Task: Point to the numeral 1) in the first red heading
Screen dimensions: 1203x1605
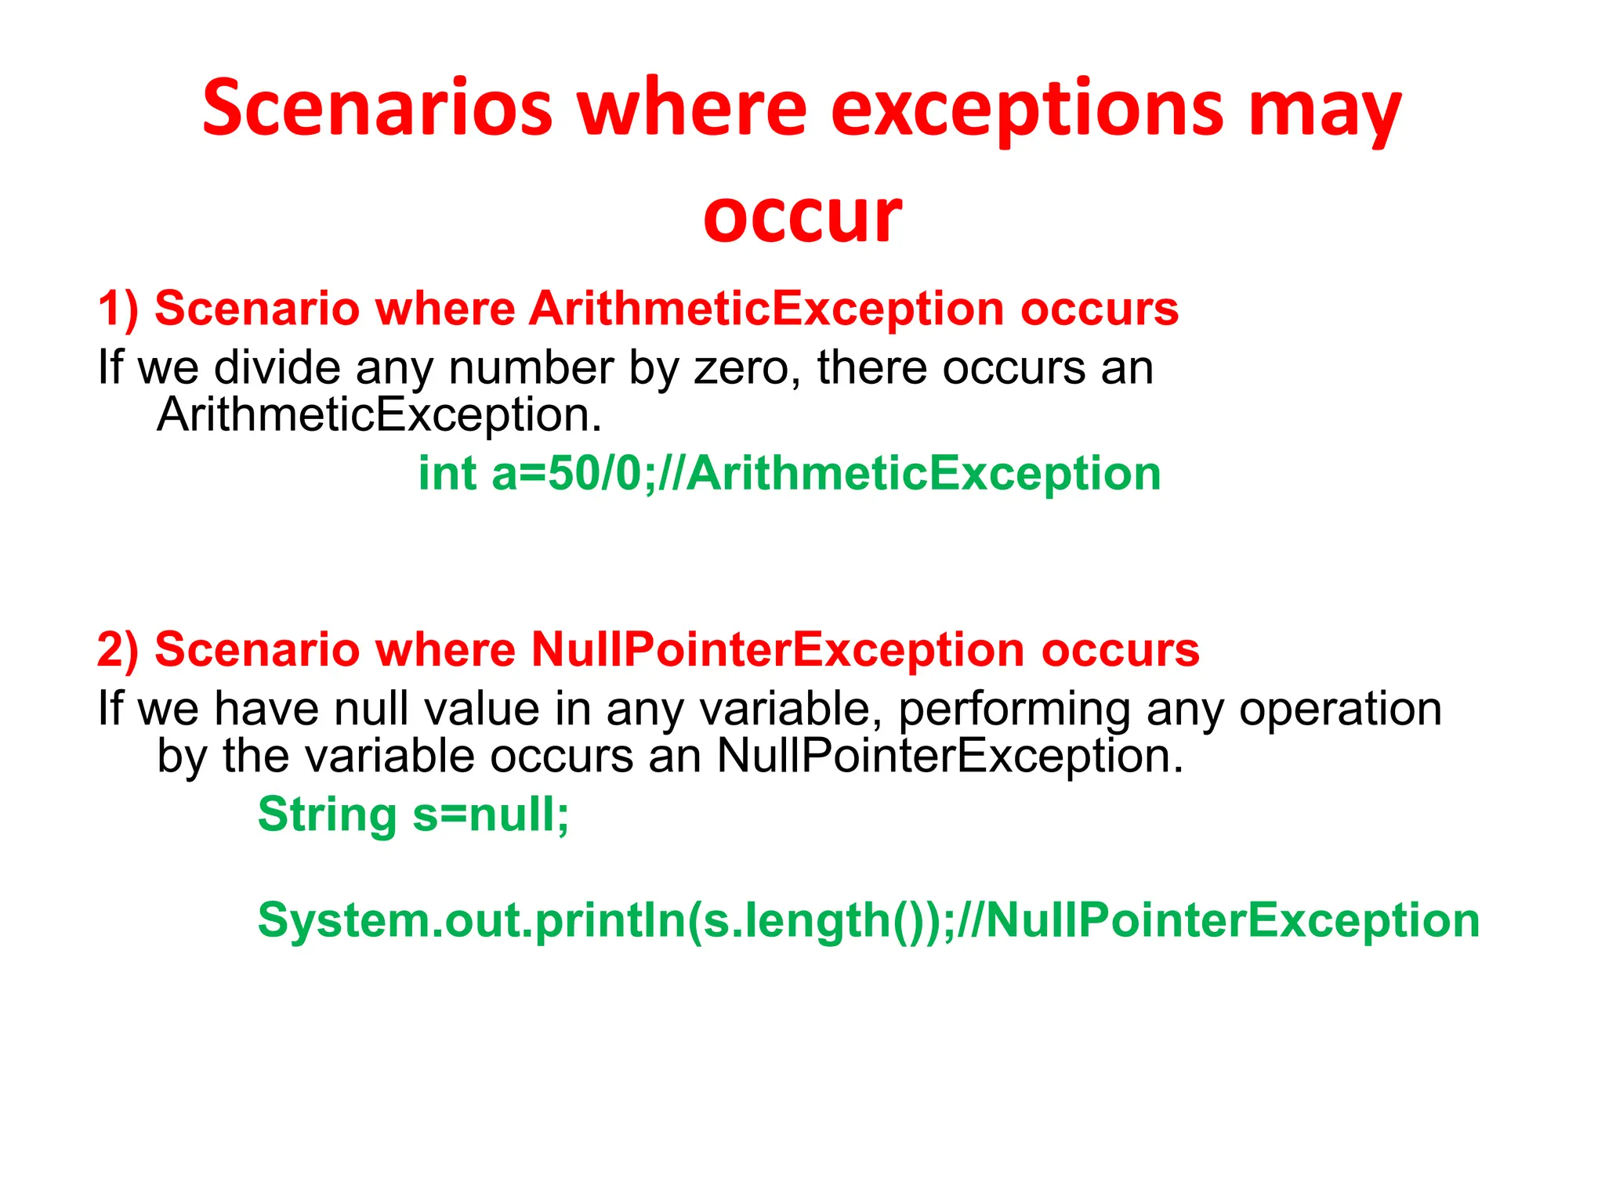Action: tap(118, 309)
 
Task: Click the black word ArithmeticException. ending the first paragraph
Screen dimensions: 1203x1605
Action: tap(379, 414)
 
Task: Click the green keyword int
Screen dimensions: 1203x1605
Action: tap(447, 474)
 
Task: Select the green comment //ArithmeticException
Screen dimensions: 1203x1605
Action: tap(909, 474)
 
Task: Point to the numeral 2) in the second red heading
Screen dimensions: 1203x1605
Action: tap(118, 649)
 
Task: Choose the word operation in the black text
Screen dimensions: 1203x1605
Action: tap(1340, 709)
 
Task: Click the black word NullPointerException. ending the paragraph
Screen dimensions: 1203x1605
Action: tap(950, 756)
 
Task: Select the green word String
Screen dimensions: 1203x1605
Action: tap(327, 815)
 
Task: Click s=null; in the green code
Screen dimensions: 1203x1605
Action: tap(491, 815)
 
